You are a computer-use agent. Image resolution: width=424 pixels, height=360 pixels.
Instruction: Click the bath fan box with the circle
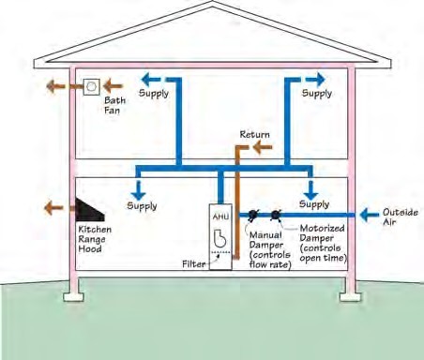pos(92,86)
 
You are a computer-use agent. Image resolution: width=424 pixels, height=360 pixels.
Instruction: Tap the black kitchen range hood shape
pos(87,211)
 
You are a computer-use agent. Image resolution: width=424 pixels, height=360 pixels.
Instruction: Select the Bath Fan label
pos(114,105)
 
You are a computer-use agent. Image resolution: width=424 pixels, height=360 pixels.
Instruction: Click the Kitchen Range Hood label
pos(95,239)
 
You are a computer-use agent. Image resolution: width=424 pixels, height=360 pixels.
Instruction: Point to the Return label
pos(254,134)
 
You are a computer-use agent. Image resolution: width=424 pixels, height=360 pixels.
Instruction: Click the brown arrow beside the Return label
pos(262,147)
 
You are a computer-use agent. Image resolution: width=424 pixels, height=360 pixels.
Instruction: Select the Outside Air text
pos(401,217)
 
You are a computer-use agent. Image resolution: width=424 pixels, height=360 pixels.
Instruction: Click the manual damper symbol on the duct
pos(252,215)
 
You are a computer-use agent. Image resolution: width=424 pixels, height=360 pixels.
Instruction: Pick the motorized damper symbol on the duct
pos(276,215)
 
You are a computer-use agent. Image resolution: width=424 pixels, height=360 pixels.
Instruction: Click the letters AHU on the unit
pos(220,217)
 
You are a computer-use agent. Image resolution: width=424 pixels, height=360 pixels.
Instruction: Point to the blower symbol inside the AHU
pos(220,238)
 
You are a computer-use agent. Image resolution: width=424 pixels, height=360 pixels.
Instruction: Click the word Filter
pos(194,264)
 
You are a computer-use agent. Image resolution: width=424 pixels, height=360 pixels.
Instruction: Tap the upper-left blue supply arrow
pos(151,80)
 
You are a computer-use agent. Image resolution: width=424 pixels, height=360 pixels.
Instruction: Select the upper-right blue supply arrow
pos(315,80)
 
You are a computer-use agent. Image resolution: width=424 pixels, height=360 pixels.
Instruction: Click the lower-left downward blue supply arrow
pos(138,190)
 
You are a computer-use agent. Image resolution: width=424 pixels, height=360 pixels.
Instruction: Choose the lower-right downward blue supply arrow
pos(310,190)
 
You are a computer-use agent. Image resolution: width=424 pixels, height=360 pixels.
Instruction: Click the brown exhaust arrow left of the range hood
pos(53,207)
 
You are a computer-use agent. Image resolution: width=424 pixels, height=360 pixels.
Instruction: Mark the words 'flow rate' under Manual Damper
pos(271,264)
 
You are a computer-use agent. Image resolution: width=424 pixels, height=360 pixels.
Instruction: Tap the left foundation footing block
pos(73,297)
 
